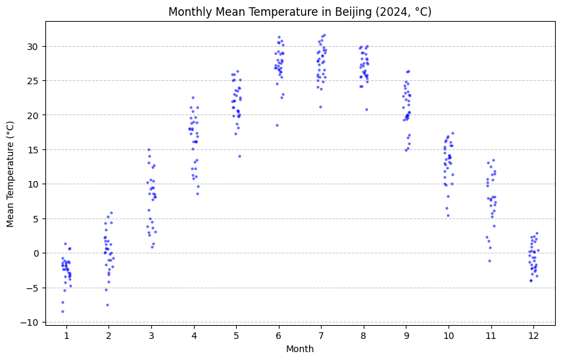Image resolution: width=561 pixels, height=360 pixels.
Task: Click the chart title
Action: point(300,12)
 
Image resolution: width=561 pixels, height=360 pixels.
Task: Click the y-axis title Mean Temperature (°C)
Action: point(11,174)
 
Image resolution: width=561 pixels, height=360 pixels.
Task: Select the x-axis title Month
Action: point(300,349)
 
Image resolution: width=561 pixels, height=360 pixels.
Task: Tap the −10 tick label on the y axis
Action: point(31,322)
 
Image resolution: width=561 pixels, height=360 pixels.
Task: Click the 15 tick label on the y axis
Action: point(33,149)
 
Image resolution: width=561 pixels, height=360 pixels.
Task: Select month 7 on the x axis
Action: point(321,335)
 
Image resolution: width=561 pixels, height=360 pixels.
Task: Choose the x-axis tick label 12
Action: point(534,335)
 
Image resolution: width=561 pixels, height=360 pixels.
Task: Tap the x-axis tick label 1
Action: point(66,335)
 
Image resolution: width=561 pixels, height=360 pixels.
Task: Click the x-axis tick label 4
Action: point(193,335)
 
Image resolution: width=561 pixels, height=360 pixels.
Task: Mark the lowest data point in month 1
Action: point(62,311)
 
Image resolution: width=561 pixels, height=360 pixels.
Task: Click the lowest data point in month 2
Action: point(107,305)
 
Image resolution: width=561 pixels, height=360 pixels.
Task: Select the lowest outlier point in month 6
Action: point(277,125)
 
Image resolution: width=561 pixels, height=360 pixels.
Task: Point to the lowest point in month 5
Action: point(239,156)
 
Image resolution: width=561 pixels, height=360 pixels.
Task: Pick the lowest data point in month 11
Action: point(489,261)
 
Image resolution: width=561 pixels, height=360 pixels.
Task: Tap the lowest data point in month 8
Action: point(366,109)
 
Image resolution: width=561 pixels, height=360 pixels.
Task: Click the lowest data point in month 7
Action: point(320,107)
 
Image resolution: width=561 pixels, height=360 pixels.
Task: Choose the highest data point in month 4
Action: point(193,97)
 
